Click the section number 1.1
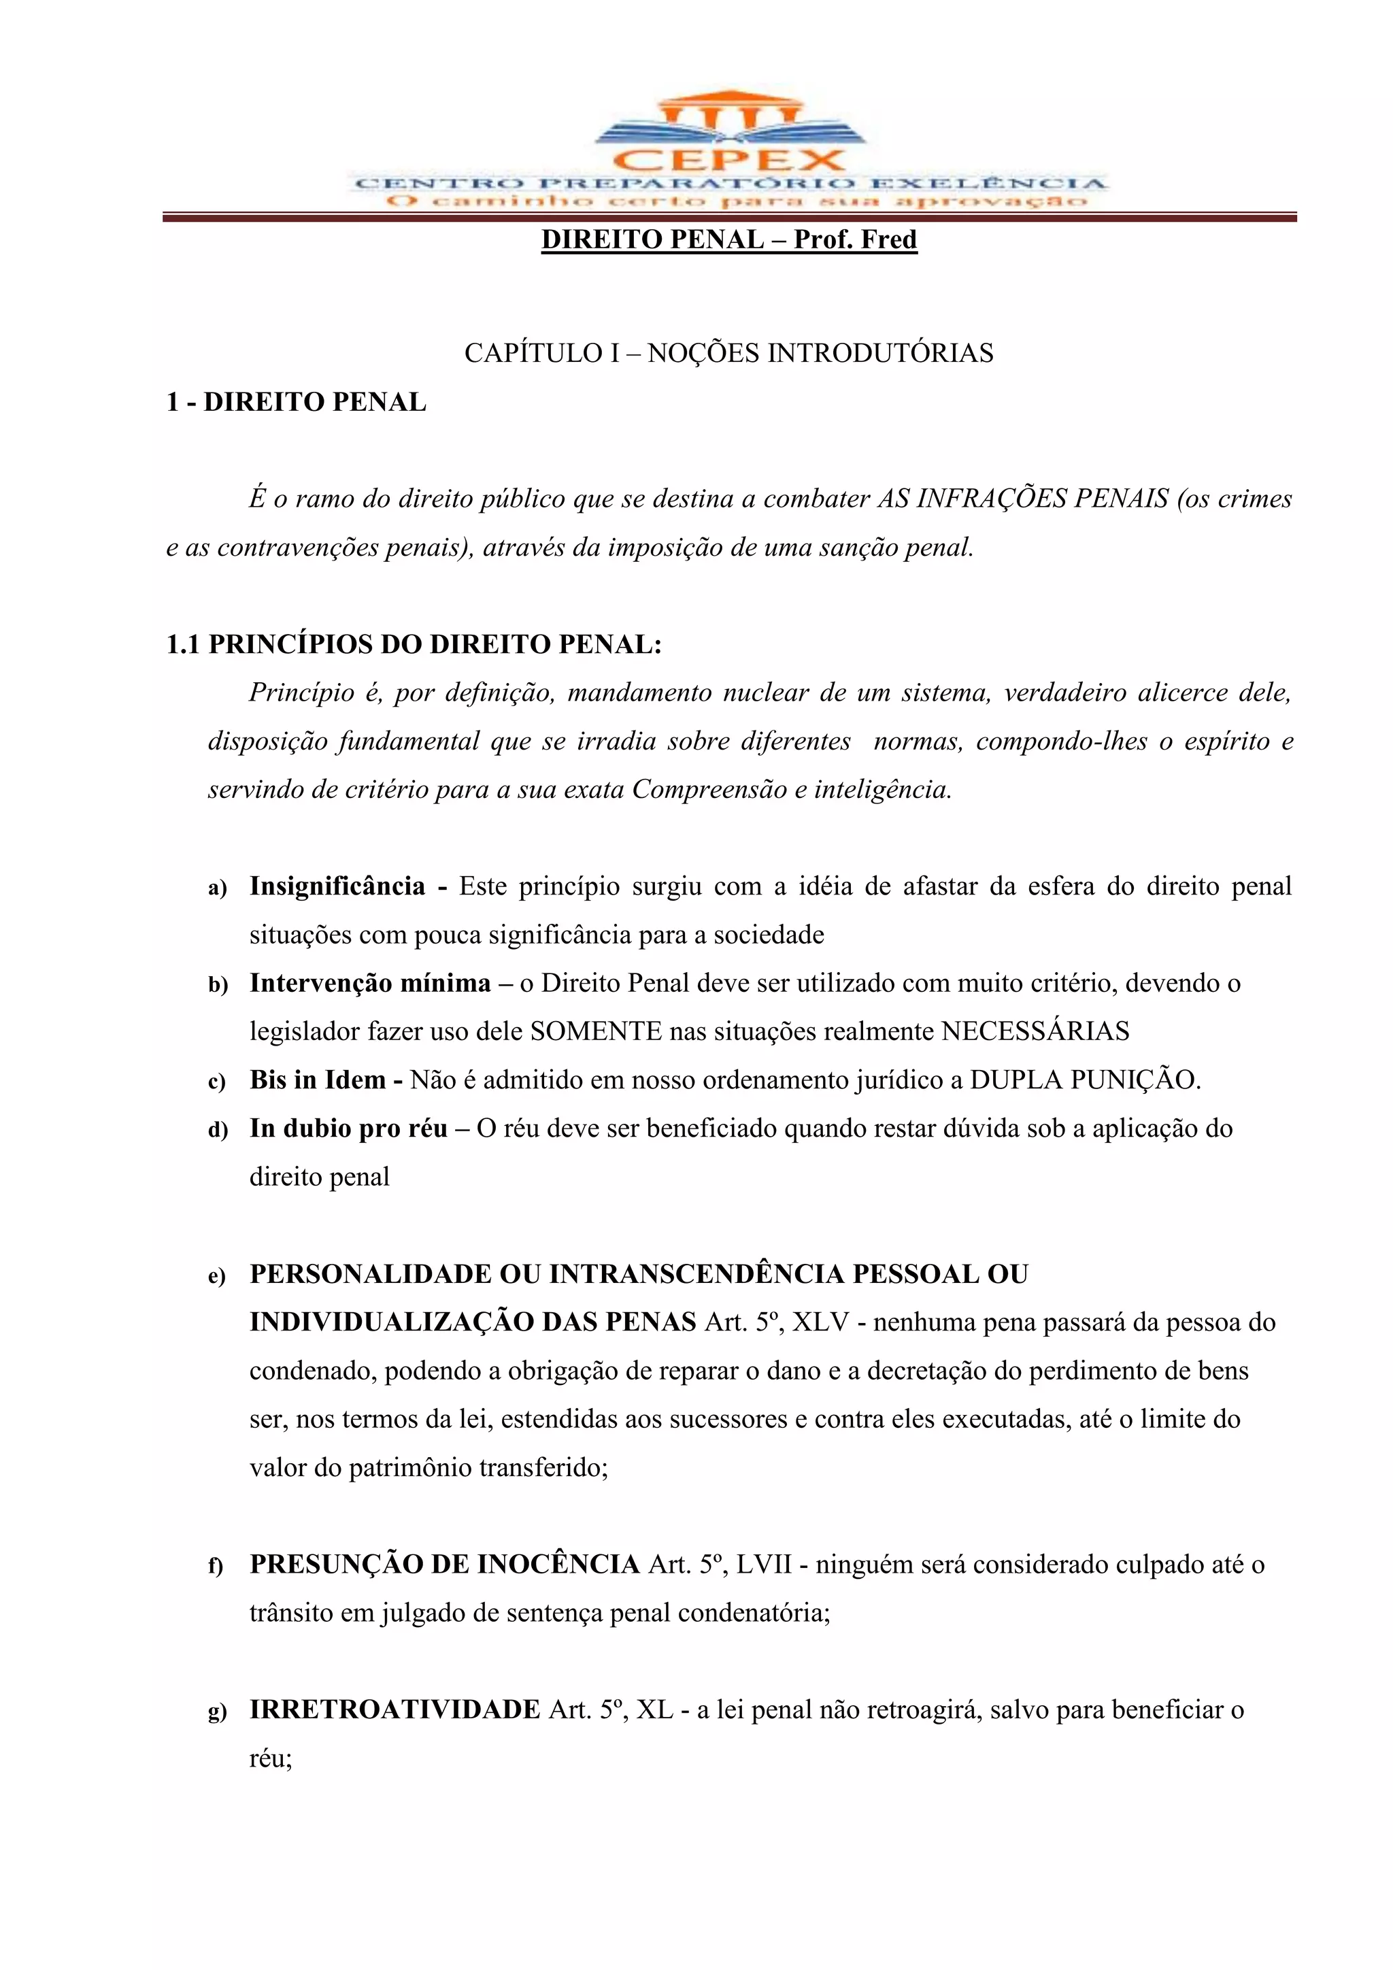click(x=184, y=644)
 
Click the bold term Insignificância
click(x=337, y=886)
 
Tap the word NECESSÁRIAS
click(x=1035, y=1031)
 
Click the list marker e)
click(x=217, y=1277)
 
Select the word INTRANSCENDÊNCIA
click(x=696, y=1274)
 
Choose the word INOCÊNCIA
click(x=558, y=1564)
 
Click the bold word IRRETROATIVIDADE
click(x=395, y=1709)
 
